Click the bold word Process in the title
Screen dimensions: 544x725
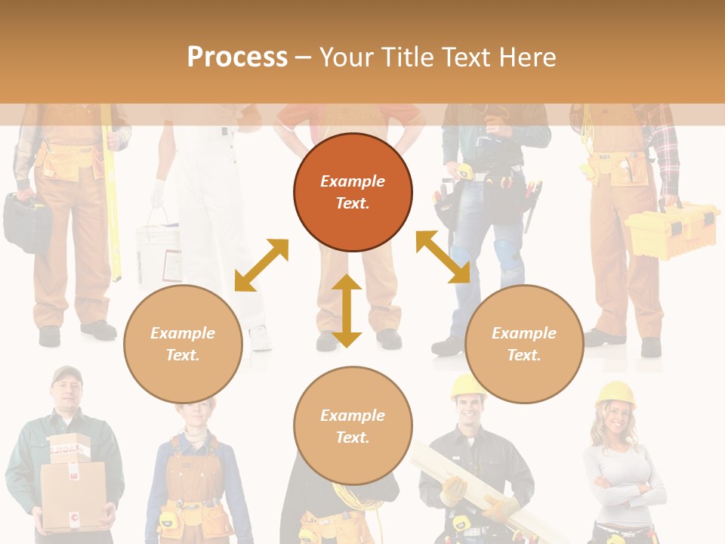[x=237, y=57]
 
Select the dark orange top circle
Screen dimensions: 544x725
[x=353, y=192]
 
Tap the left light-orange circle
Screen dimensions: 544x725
[x=183, y=344]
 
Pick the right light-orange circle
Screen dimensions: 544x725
[x=524, y=344]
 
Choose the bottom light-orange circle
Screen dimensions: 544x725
[x=353, y=426]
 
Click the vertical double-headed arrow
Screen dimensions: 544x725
[x=347, y=311]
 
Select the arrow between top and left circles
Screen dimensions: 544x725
[x=261, y=265]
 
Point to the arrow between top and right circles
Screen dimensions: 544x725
[x=443, y=257]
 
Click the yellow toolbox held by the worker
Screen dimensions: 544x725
[x=671, y=231]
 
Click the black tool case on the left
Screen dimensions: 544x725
[x=26, y=221]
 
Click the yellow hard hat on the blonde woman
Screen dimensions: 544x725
[x=616, y=393]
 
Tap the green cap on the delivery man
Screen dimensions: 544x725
[x=66, y=374]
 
